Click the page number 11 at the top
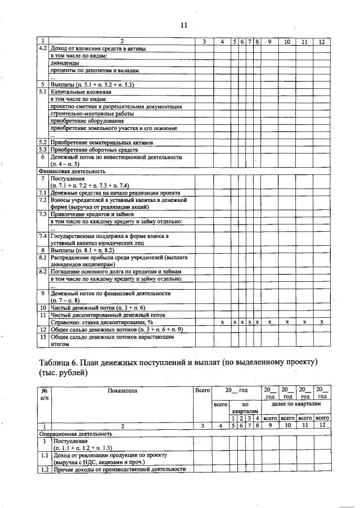(x=183, y=25)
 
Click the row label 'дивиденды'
(x=62, y=64)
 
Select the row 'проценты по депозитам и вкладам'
(x=94, y=71)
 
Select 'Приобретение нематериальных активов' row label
(x=101, y=142)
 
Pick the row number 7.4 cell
(x=43, y=236)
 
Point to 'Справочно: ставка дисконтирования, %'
(x=102, y=322)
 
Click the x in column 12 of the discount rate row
(x=321, y=322)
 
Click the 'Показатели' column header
(x=120, y=390)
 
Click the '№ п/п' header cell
(x=44, y=394)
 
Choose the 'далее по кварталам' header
(x=296, y=404)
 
